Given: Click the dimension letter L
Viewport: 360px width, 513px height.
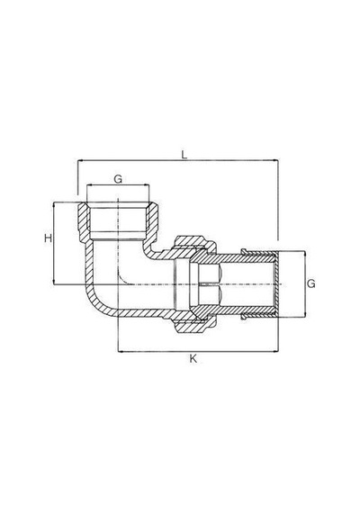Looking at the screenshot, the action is coord(184,155).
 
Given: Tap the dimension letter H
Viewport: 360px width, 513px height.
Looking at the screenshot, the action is coord(49,238).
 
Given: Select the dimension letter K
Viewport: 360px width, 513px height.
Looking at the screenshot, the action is coord(193,359).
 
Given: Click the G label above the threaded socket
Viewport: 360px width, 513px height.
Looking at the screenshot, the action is coord(118,179).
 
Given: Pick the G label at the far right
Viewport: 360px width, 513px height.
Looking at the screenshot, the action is coord(310,283).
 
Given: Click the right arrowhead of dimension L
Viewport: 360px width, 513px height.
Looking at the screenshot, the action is coord(275,160).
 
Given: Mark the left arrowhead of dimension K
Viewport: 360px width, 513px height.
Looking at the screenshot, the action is coord(121,352).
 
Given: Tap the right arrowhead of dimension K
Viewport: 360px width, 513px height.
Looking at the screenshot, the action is coord(275,352).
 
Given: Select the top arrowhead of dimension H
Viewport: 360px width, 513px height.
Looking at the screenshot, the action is coord(53,205).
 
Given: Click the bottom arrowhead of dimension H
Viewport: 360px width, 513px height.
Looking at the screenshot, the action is coord(53,282).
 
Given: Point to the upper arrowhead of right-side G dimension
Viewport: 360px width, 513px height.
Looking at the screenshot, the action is coord(305,254).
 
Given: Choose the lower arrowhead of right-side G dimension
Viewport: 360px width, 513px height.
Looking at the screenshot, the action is coord(305,314).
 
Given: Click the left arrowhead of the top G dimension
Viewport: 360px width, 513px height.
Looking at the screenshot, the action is coord(90,185).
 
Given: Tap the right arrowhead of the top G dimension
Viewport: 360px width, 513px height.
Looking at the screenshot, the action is coord(146,185).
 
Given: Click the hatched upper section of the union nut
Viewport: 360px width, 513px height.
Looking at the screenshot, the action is coord(192,242).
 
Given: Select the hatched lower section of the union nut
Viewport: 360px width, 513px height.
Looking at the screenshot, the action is coord(192,325).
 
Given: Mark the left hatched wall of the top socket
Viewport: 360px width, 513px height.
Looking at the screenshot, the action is coord(84,220).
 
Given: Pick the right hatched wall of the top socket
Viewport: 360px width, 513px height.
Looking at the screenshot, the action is coord(151,220).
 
